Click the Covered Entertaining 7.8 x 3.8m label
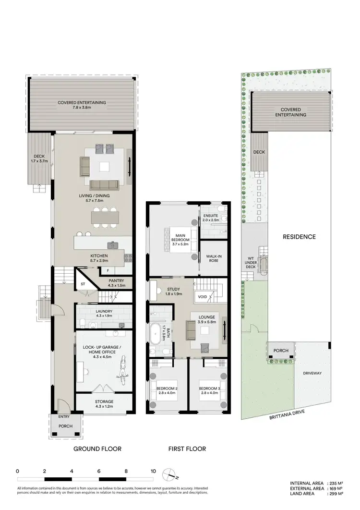click(x=82, y=105)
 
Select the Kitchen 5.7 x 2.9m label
click(x=99, y=258)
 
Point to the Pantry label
click(x=116, y=283)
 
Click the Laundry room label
click(x=104, y=314)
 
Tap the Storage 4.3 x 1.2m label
click(x=104, y=404)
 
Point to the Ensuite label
click(x=211, y=218)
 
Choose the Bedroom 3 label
click(x=209, y=390)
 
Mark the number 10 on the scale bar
click(x=153, y=471)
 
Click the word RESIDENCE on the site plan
click(x=299, y=236)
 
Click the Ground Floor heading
click(x=97, y=449)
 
